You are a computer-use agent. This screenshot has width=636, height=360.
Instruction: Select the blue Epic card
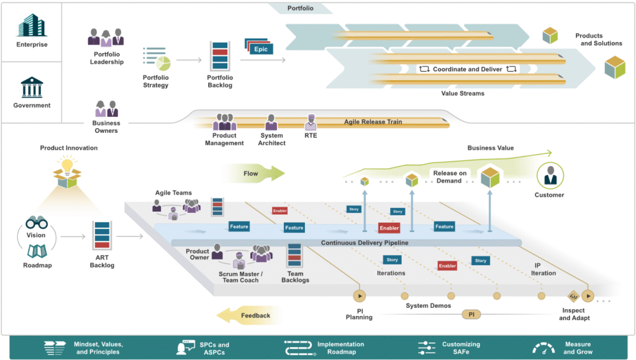pyautogui.click(x=261, y=48)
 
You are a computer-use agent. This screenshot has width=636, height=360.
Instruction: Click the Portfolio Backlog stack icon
pyautogui.click(x=220, y=56)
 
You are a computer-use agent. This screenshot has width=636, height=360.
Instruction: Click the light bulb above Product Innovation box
pyautogui.click(x=68, y=165)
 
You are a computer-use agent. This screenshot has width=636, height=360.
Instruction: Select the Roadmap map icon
pyautogui.click(x=36, y=251)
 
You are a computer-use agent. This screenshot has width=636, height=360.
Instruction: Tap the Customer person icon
pyautogui.click(x=550, y=176)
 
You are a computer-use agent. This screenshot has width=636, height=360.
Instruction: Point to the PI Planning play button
pyautogui.click(x=359, y=296)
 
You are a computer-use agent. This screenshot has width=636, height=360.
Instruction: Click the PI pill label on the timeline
pyautogui.click(x=471, y=315)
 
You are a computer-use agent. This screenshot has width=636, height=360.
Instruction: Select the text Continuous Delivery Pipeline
pyautogui.click(x=365, y=243)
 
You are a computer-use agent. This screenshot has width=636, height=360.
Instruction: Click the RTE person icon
pyautogui.click(x=311, y=122)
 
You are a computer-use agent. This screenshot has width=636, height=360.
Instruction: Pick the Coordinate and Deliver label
pyautogui.click(x=468, y=69)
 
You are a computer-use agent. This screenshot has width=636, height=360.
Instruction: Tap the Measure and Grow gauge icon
pyautogui.click(x=543, y=348)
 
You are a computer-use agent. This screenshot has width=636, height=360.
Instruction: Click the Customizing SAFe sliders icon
pyautogui.click(x=427, y=348)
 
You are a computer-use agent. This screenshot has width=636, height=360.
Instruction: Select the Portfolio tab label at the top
pyautogui.click(x=300, y=9)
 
